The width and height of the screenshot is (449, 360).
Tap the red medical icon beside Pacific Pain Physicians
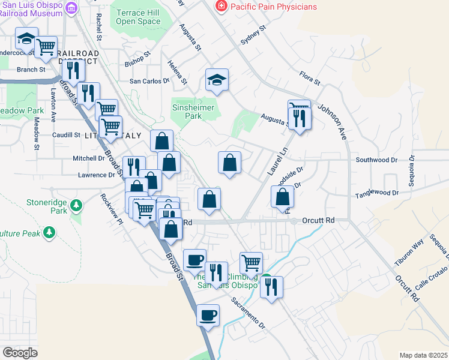pyautogui.click(x=220, y=7)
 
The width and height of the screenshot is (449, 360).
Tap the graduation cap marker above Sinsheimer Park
pyautogui.click(x=217, y=79)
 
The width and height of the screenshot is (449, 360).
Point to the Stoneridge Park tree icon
pyautogui.click(x=76, y=206)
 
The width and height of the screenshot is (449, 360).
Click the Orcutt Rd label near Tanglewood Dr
pyautogui.click(x=318, y=220)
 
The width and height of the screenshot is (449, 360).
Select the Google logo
pyautogui.click(x=20, y=353)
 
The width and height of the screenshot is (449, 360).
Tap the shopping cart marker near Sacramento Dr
pyautogui.click(x=251, y=262)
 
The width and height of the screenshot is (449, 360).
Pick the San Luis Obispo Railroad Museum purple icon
pyautogui.click(x=71, y=7)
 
